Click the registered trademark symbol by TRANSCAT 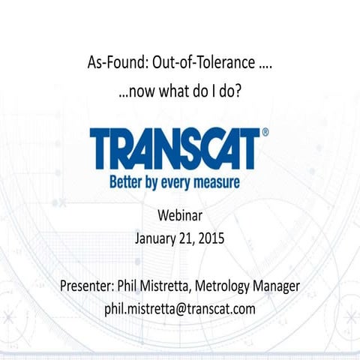(x=265, y=133)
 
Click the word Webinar (x=180, y=217)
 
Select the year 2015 (x=211, y=240)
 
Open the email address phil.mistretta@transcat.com (x=180, y=308)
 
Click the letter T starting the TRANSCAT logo (x=103, y=148)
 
